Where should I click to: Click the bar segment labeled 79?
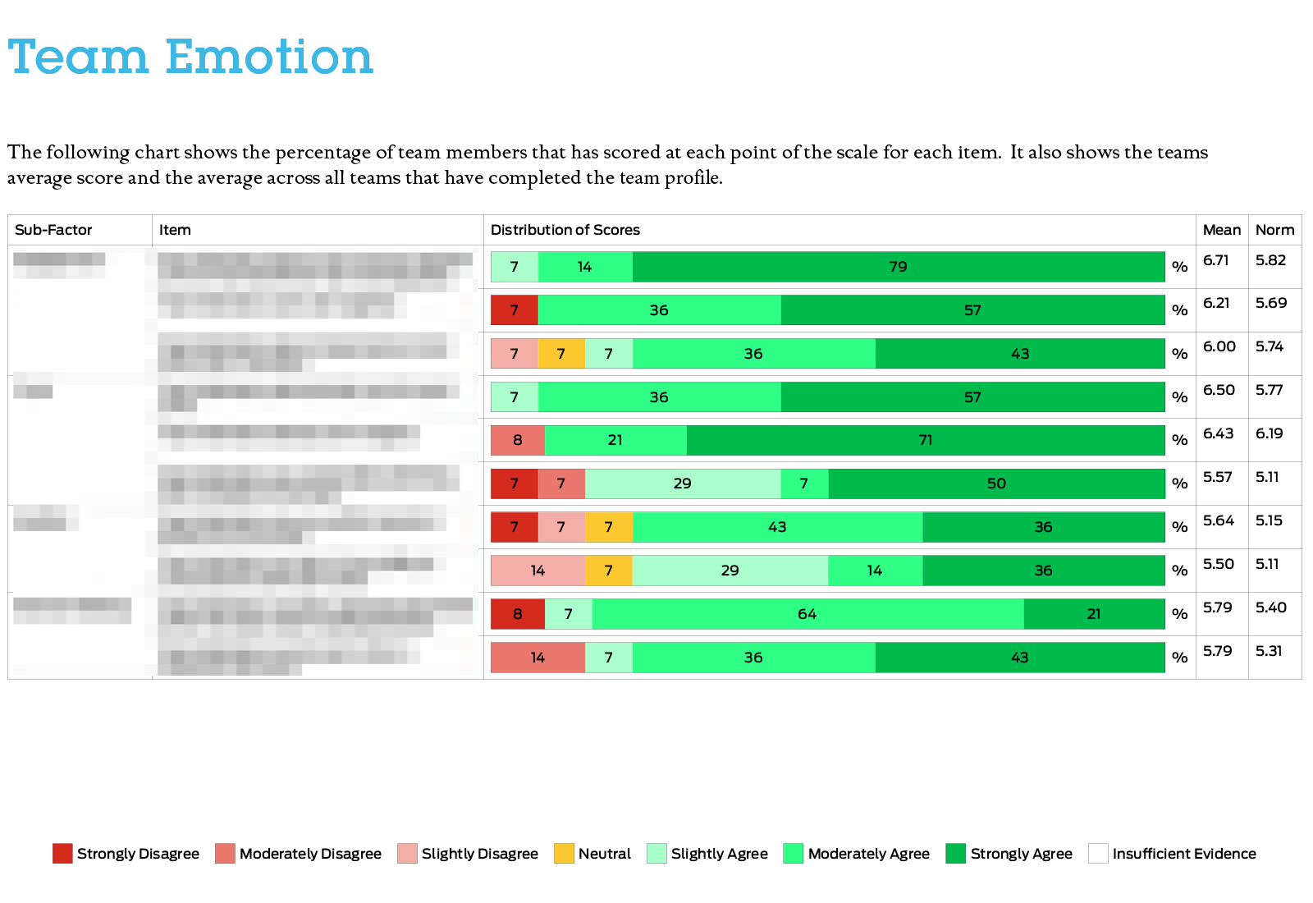click(x=899, y=267)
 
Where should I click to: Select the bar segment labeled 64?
click(x=807, y=614)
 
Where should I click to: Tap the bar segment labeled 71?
click(x=926, y=440)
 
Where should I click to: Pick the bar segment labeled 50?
click(x=996, y=484)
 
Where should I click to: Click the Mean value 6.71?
click(x=1215, y=260)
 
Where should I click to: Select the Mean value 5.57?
click(x=1217, y=477)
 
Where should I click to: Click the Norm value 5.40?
click(x=1270, y=607)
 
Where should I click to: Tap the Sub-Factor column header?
click(x=53, y=230)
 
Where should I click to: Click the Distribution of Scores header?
click(x=565, y=230)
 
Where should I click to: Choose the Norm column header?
click(x=1274, y=230)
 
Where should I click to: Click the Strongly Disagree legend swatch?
click(x=62, y=854)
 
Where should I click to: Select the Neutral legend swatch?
click(x=564, y=854)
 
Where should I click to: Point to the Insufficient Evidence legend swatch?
click(x=1098, y=854)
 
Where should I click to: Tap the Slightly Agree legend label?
click(x=719, y=854)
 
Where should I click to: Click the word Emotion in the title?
click(x=269, y=57)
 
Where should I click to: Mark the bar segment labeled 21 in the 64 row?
click(x=1094, y=614)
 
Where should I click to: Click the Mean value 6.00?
click(x=1219, y=346)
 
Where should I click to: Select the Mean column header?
click(x=1221, y=230)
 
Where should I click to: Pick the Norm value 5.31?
click(x=1269, y=651)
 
